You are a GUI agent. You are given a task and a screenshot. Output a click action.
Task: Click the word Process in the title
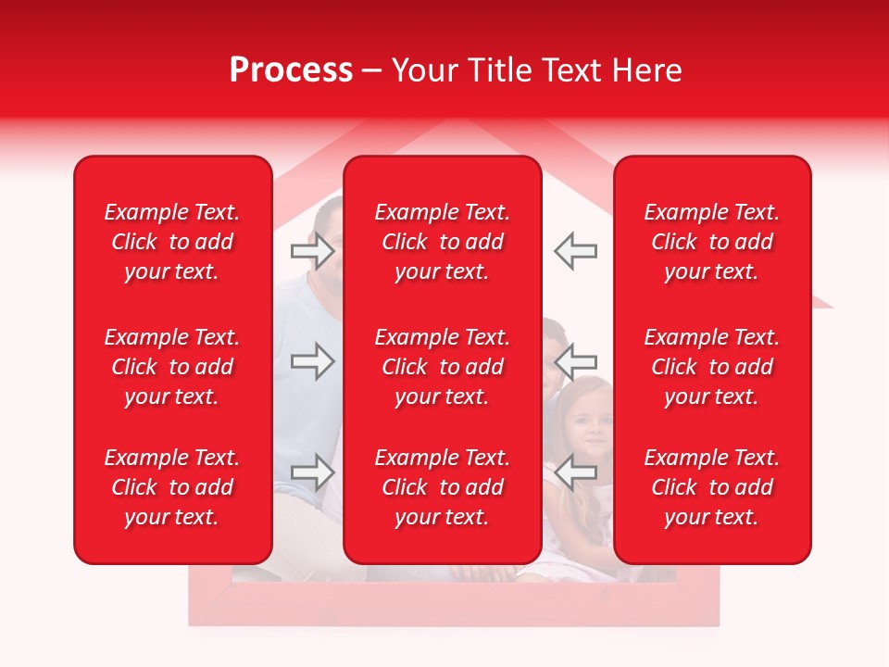click(291, 70)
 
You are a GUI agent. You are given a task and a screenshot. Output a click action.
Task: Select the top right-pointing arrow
click(312, 251)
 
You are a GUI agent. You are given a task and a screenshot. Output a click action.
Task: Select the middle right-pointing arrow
click(312, 361)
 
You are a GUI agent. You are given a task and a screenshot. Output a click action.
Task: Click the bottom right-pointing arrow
click(312, 472)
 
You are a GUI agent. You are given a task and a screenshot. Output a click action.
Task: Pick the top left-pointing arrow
click(576, 251)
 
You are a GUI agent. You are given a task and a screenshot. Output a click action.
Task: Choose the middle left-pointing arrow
click(576, 361)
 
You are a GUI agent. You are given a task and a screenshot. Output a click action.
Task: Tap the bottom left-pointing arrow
click(576, 472)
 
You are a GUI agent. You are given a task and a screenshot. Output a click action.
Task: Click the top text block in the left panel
click(172, 242)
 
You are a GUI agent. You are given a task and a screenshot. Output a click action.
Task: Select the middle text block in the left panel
click(172, 367)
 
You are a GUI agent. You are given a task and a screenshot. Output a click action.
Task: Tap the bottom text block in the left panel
click(172, 487)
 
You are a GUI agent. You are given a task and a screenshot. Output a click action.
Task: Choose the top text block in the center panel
click(443, 242)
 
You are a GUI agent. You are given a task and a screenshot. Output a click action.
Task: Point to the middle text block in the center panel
click(443, 367)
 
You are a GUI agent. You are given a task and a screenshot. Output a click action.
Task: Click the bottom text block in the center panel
click(443, 487)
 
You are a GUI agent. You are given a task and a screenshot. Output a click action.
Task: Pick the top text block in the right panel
click(712, 242)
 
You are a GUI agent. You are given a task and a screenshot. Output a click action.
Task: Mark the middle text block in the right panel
click(712, 367)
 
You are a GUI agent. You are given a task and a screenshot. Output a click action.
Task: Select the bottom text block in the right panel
click(712, 487)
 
